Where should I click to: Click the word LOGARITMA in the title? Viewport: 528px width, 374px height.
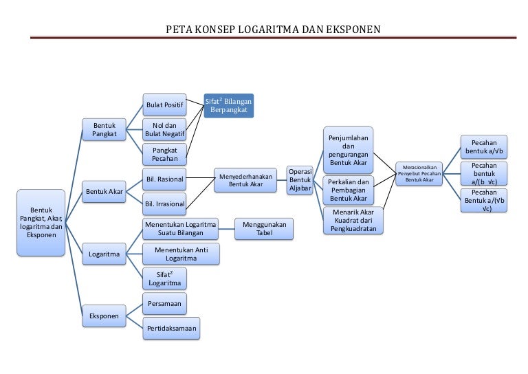pos(268,30)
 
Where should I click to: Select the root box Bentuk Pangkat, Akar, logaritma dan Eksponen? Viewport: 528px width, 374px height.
pos(41,223)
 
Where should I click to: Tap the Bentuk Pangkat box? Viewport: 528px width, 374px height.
pos(104,130)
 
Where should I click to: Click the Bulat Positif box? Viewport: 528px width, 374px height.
pos(165,105)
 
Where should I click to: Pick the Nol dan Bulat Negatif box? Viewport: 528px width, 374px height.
pos(165,130)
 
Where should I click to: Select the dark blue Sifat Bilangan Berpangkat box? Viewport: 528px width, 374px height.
pos(229,106)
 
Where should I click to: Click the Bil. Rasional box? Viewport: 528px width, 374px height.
pos(165,179)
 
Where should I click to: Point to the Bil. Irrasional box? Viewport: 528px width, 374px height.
pos(165,203)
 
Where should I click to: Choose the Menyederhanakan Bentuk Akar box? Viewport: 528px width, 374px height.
pos(245,180)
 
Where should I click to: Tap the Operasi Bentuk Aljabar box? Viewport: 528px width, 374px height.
pos(300,180)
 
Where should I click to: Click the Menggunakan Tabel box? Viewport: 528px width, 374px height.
pos(264,229)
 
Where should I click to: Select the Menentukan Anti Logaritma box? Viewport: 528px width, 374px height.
pos(181,254)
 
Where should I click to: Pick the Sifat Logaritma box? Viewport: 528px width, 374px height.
pos(165,278)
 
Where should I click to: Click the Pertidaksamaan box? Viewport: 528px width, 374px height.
pos(171,328)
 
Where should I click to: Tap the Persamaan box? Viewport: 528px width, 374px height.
pos(165,304)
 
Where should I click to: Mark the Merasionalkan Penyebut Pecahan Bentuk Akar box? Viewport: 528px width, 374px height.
pos(419,174)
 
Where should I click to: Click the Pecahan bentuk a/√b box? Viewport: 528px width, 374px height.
pos(484,147)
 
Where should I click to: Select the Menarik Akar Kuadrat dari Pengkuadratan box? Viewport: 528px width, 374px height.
pos(353,221)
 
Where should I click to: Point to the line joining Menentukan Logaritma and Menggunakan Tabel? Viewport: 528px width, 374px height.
pos(227,229)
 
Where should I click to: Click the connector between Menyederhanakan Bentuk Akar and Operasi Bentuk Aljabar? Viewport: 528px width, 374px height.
pos(281,180)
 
